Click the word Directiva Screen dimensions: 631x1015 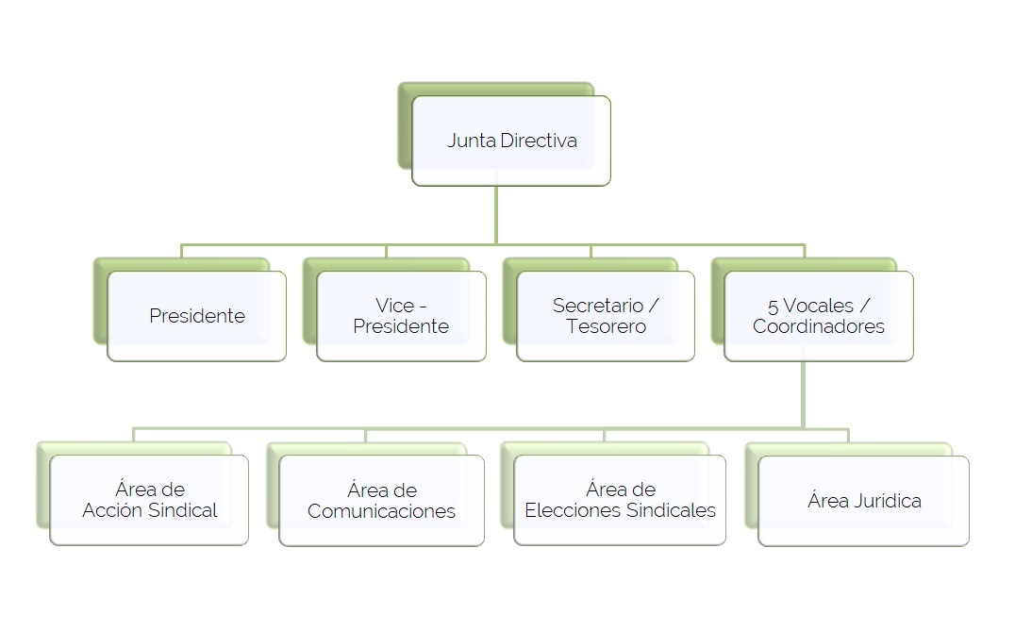click(x=539, y=141)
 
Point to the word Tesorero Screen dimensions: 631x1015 click(x=606, y=326)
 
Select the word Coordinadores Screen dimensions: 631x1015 click(x=819, y=326)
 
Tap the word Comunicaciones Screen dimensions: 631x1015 click(x=381, y=511)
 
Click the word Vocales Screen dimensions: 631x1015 click(x=819, y=306)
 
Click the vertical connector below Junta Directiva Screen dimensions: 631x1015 click(x=496, y=215)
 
